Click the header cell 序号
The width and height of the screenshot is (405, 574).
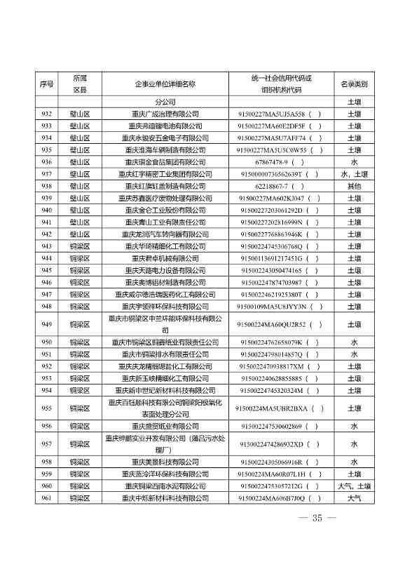(x=47, y=84)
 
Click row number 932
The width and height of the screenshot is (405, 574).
(x=47, y=114)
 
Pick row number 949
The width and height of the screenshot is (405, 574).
(x=47, y=324)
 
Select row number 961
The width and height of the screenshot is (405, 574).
(x=47, y=498)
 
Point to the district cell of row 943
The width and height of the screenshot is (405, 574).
(x=80, y=246)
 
